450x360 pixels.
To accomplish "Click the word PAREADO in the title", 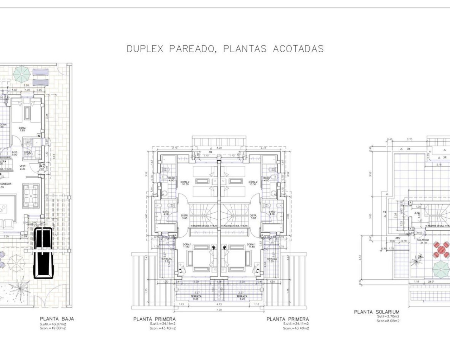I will (190, 49).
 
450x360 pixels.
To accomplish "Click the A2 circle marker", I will (42, 165).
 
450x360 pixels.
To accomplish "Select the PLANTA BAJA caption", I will (57, 319).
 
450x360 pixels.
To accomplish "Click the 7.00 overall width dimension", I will (219, 310).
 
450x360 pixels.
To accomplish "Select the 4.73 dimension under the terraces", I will (219, 304).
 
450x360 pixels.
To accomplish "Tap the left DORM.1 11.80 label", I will (187, 246).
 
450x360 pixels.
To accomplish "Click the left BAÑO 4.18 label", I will (166, 213).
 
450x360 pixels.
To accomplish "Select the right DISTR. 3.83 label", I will (252, 217).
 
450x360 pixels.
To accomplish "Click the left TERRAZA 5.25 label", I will (196, 298).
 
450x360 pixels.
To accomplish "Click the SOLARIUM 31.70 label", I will (423, 241).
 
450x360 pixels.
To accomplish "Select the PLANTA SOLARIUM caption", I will (377, 312).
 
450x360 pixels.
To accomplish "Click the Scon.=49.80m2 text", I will (53, 328).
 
